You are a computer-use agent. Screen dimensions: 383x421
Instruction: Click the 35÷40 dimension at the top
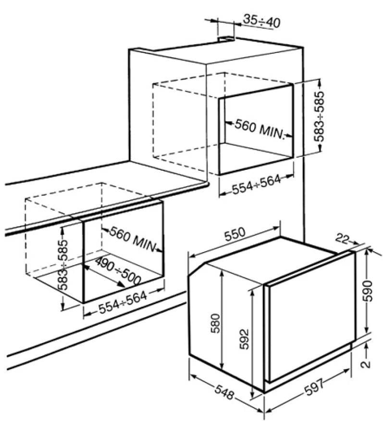point(261,21)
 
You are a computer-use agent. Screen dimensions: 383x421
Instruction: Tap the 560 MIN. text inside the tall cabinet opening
point(259,129)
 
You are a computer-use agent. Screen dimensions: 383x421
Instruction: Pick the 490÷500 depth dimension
point(118,270)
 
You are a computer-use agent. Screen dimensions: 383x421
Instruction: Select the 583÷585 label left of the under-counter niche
point(63,264)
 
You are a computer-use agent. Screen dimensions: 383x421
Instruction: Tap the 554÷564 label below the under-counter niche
point(123,302)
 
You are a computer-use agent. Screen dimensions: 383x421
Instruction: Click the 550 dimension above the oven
point(235,234)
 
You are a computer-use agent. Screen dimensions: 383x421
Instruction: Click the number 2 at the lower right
point(366,364)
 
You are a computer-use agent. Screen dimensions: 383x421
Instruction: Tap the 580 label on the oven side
point(215,323)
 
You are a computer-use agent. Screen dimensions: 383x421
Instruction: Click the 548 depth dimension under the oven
point(224,394)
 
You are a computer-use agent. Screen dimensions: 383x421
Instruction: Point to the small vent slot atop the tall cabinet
point(226,39)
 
